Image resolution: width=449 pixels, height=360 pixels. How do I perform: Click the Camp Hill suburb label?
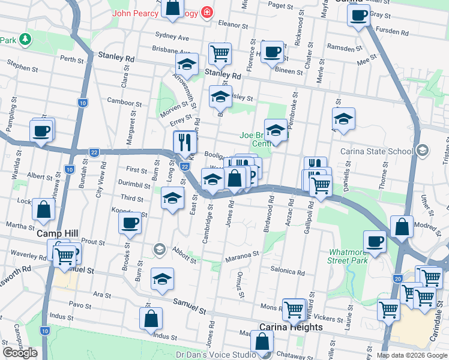(55, 233)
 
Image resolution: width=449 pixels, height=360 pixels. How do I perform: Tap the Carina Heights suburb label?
(291, 328)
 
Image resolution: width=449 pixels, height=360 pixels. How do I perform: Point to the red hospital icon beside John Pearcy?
(207, 12)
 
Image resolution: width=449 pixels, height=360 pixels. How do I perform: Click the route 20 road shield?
(398, 278)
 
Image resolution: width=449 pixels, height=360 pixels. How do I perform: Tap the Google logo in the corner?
(20, 353)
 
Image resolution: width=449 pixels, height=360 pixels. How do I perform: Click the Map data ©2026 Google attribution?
(412, 355)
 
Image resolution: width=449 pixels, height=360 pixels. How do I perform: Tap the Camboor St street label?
(124, 103)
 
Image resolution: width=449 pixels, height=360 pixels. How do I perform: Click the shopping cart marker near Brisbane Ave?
(220, 53)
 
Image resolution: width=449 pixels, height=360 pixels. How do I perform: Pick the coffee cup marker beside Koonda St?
(130, 224)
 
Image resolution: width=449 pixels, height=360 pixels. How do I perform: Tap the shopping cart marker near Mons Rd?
(294, 310)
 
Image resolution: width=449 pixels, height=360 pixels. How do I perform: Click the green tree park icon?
(25, 40)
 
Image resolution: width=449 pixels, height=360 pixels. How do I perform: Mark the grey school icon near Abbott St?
(159, 248)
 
